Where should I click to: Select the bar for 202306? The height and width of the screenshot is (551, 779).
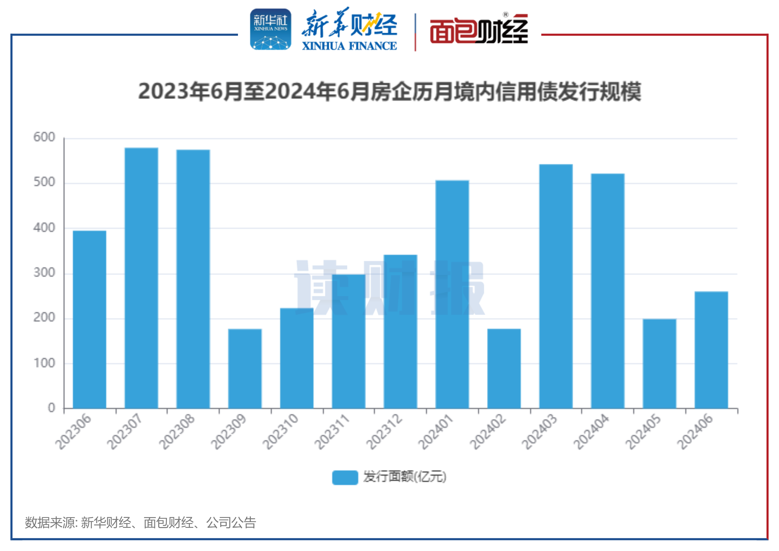tap(89, 319)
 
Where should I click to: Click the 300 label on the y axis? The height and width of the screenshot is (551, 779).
tap(44, 273)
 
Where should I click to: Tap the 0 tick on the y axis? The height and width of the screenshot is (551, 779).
tap(51, 408)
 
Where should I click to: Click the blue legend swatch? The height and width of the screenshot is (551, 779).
tap(345, 477)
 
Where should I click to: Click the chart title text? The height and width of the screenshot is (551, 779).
tap(389, 92)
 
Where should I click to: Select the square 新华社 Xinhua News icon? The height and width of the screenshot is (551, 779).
tap(271, 29)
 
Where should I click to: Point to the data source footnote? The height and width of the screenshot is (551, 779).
tap(140, 523)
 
